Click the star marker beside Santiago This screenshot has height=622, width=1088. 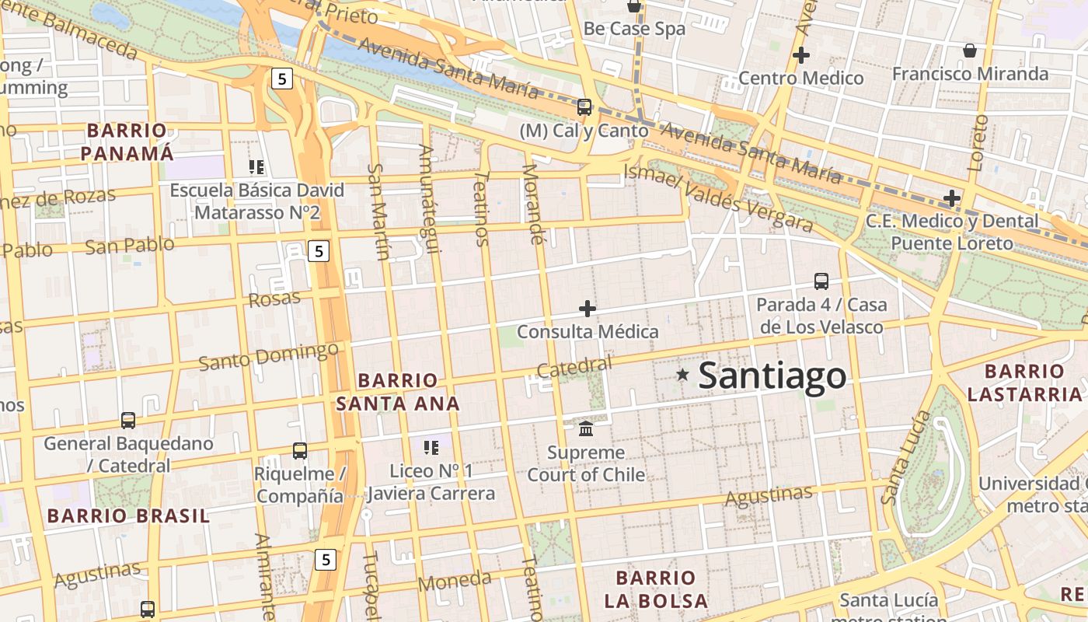coord(682,375)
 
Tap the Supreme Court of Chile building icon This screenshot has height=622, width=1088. coord(586,428)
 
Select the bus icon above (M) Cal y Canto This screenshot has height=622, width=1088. coord(584,107)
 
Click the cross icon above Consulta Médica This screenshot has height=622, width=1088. coord(588,309)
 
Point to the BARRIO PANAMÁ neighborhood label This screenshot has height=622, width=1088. coord(127,142)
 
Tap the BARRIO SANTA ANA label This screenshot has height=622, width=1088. coord(397,392)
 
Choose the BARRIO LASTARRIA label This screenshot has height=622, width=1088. coord(1024,383)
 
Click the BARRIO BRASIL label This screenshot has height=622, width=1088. coord(128,515)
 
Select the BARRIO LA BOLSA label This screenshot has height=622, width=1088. coord(656,589)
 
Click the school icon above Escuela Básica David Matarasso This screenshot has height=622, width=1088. coord(256,166)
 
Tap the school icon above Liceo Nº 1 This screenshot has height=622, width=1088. coord(431,447)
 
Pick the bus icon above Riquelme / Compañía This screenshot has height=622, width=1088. coord(300,450)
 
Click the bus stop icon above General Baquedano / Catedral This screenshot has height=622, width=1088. coord(128,421)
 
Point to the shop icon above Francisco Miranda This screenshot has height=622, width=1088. coord(970,51)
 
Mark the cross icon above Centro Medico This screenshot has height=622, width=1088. coord(800,55)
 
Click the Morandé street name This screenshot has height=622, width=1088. coord(533,204)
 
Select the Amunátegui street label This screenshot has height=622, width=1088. coord(430,198)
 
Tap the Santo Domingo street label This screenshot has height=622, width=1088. coord(268,356)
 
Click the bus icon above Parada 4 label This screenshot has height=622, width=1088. coord(821,281)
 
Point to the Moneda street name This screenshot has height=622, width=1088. coord(455,581)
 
